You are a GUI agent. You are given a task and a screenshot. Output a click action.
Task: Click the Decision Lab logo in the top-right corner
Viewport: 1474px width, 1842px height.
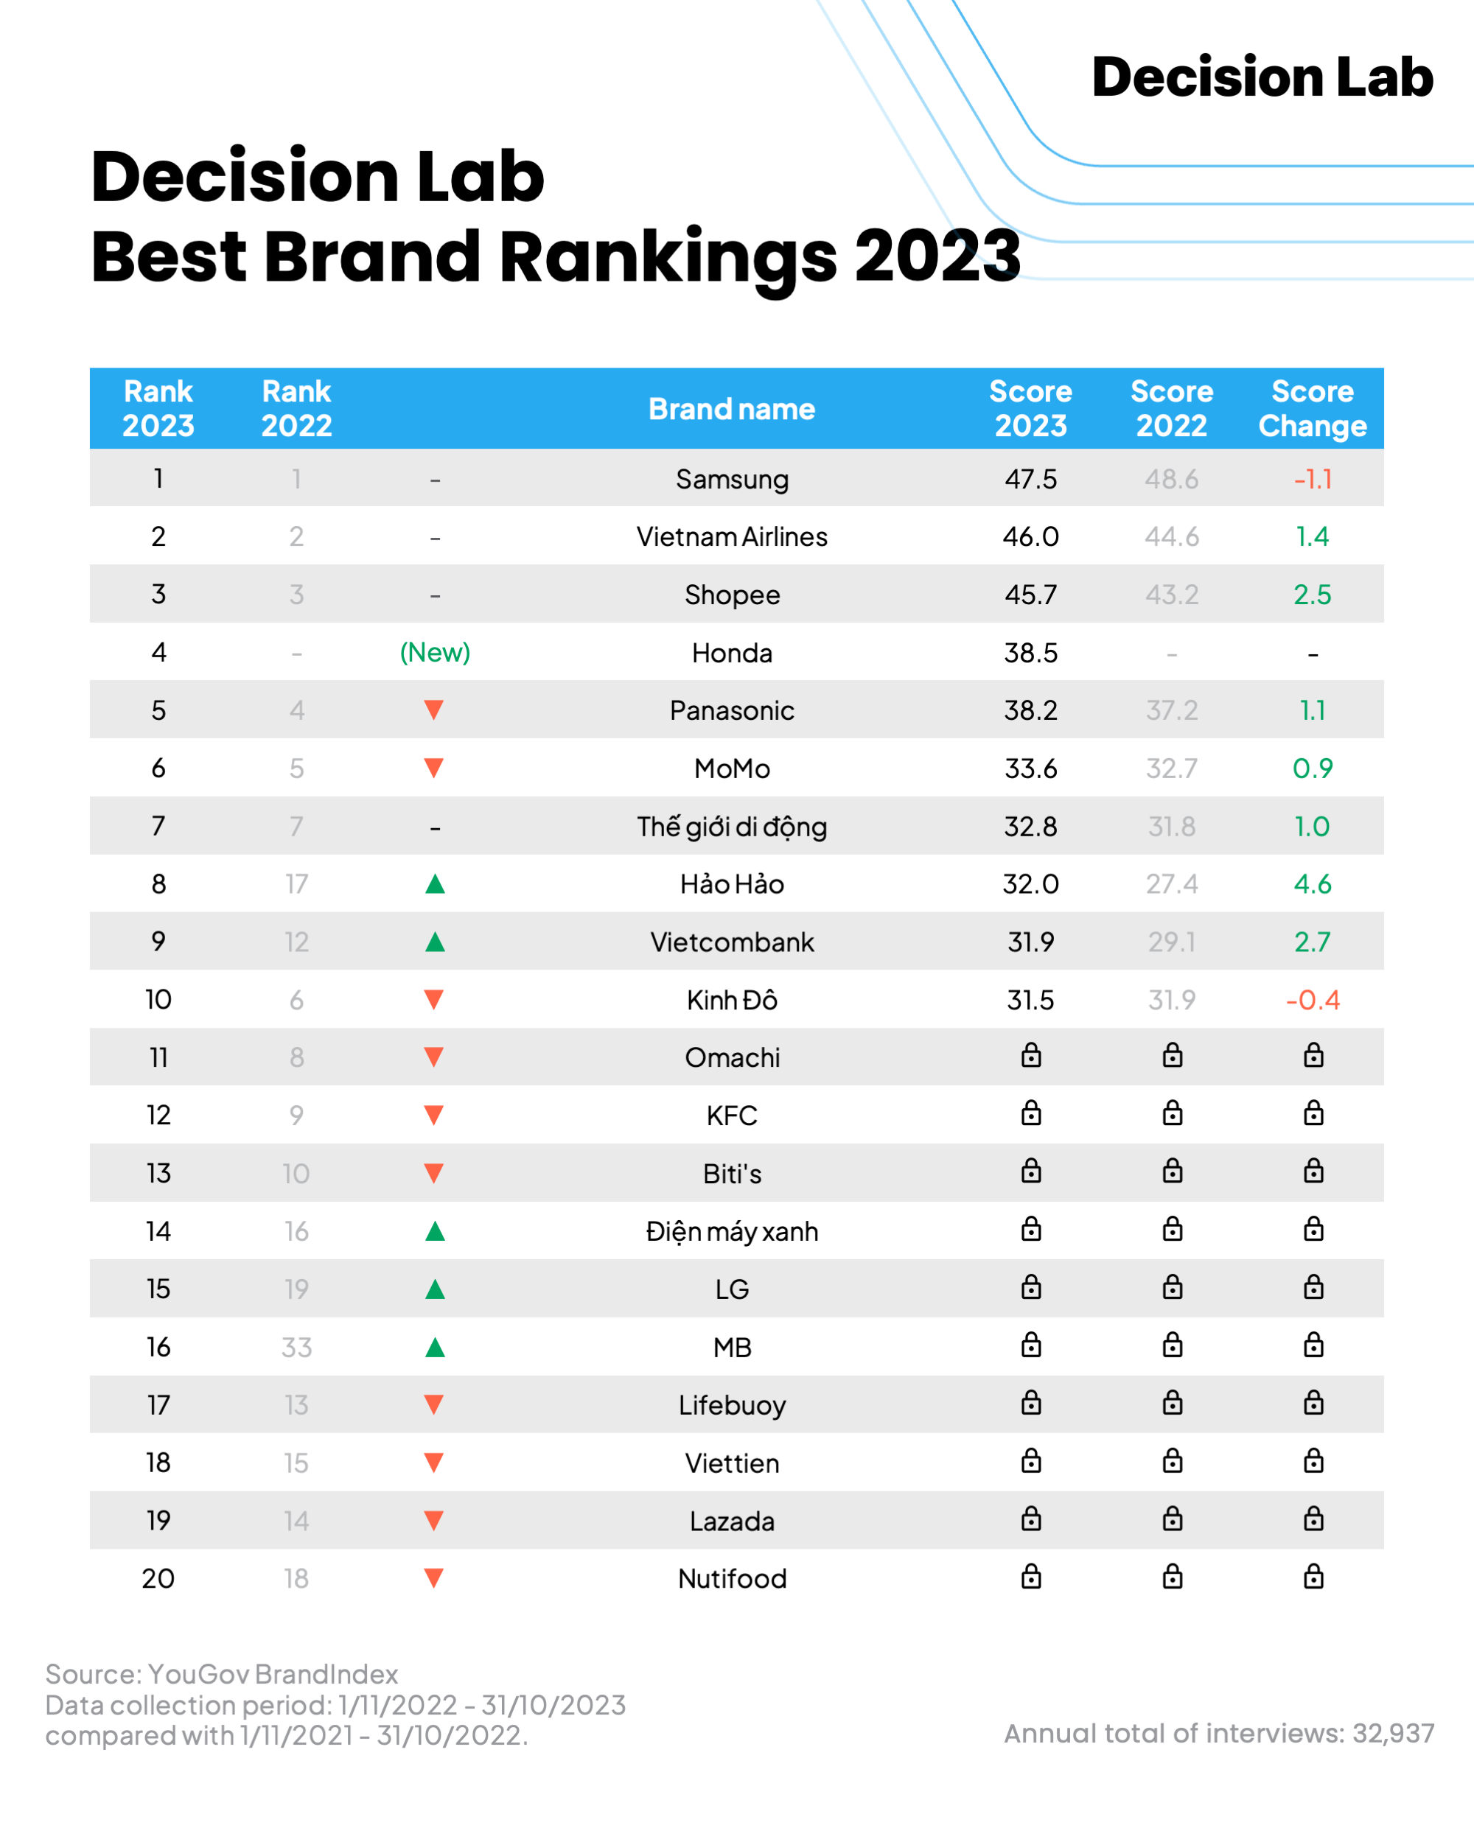click(x=1261, y=77)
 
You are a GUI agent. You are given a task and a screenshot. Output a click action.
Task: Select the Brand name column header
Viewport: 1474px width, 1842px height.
click(x=731, y=409)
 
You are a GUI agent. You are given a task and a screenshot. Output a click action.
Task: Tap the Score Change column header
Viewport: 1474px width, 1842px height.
click(x=1312, y=408)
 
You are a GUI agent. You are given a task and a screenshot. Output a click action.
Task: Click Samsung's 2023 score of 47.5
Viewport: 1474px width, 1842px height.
click(x=1030, y=480)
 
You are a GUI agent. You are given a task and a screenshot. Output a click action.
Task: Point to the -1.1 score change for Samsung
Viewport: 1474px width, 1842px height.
click(x=1313, y=480)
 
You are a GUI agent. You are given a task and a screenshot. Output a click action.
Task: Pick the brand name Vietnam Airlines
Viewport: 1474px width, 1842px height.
click(x=731, y=536)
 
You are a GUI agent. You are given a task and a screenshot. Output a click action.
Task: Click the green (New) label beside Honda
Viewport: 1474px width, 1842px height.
click(x=435, y=653)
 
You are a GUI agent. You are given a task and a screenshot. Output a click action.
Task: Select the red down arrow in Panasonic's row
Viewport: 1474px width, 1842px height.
click(x=434, y=710)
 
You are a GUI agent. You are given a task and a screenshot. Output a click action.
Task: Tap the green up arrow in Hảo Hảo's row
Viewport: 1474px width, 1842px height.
click(x=435, y=884)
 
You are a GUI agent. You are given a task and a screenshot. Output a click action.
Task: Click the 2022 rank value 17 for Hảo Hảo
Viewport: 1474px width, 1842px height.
click(x=296, y=884)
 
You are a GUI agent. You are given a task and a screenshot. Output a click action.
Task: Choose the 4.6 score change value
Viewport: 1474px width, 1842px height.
click(x=1312, y=884)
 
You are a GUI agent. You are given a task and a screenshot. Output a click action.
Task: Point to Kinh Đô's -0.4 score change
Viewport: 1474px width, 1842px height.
click(x=1312, y=1000)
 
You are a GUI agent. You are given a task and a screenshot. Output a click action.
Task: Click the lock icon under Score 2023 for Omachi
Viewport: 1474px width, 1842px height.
click(x=1031, y=1056)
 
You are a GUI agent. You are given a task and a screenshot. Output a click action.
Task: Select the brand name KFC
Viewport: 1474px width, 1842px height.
click(x=731, y=1116)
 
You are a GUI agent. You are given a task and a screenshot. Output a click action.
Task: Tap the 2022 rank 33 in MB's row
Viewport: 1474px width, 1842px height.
click(x=296, y=1348)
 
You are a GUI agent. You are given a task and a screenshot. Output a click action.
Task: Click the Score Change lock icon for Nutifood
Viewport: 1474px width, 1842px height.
click(x=1313, y=1577)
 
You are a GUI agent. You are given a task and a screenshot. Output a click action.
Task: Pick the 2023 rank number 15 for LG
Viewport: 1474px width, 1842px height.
click(x=158, y=1289)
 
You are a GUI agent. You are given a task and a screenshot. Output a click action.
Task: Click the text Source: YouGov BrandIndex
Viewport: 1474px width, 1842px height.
click(x=221, y=1674)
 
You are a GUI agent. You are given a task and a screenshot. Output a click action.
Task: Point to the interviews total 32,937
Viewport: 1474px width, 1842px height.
click(x=1393, y=1734)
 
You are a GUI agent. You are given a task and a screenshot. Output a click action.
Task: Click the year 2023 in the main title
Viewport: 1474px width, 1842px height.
click(x=937, y=256)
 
